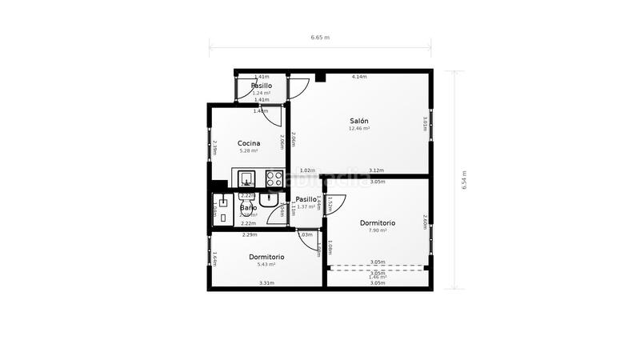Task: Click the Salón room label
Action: click(358, 121)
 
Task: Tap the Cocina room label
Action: click(249, 144)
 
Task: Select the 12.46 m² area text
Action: click(358, 129)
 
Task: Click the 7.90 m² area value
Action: click(378, 230)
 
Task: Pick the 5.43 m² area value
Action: click(266, 264)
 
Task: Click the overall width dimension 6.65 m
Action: click(320, 38)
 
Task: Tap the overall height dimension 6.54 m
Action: click(464, 180)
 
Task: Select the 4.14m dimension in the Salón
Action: click(359, 77)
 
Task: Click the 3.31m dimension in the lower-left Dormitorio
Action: click(266, 282)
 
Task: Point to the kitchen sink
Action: click(247, 178)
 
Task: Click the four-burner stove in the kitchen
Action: click(274, 178)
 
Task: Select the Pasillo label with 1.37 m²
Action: click(306, 200)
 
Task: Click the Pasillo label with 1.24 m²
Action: click(262, 86)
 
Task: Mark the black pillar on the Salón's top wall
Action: click(320, 78)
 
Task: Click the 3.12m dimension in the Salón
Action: click(376, 170)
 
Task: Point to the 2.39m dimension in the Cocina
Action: click(215, 148)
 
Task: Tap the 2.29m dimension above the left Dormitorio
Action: click(249, 235)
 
